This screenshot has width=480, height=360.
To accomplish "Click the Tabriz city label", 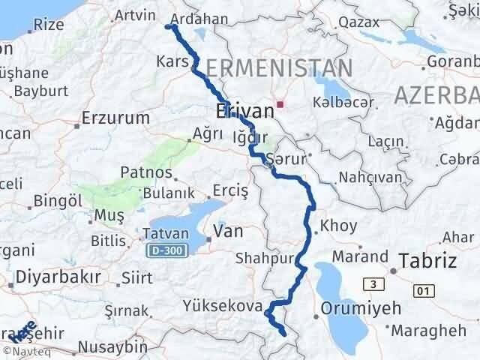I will (428, 261).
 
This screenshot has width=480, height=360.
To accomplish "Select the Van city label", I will (227, 232).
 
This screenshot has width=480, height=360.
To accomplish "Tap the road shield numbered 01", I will (424, 289).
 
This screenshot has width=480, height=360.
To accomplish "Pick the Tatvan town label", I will (160, 234).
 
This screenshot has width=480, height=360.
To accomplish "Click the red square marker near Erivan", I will (280, 104).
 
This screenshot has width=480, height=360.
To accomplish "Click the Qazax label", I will (358, 22).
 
